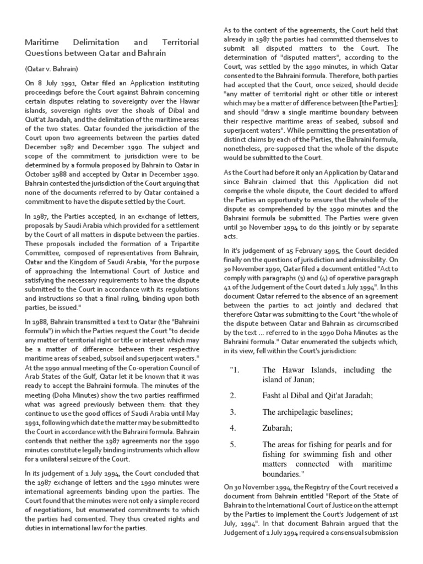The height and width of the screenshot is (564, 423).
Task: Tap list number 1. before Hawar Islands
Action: pos(236,370)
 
